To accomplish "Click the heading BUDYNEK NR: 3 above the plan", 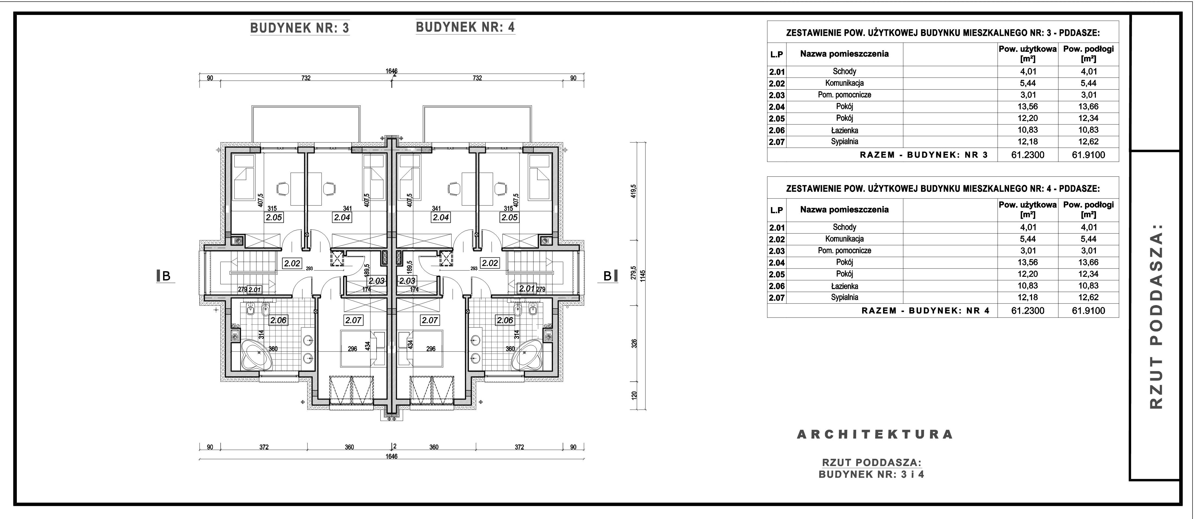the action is (300, 28).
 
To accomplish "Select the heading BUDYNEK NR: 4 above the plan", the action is (465, 27).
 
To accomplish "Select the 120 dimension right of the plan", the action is (634, 395).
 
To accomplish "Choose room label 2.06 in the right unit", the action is (505, 320).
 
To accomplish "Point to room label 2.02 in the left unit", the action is (292, 263).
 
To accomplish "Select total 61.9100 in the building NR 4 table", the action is (1088, 311).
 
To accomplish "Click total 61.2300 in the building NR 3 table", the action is (1028, 155).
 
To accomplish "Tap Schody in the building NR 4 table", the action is (844, 227).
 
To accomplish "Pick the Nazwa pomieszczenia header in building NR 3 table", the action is (844, 54).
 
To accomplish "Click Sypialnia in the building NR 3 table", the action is (844, 141).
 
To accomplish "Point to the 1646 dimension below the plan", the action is (391, 457).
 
